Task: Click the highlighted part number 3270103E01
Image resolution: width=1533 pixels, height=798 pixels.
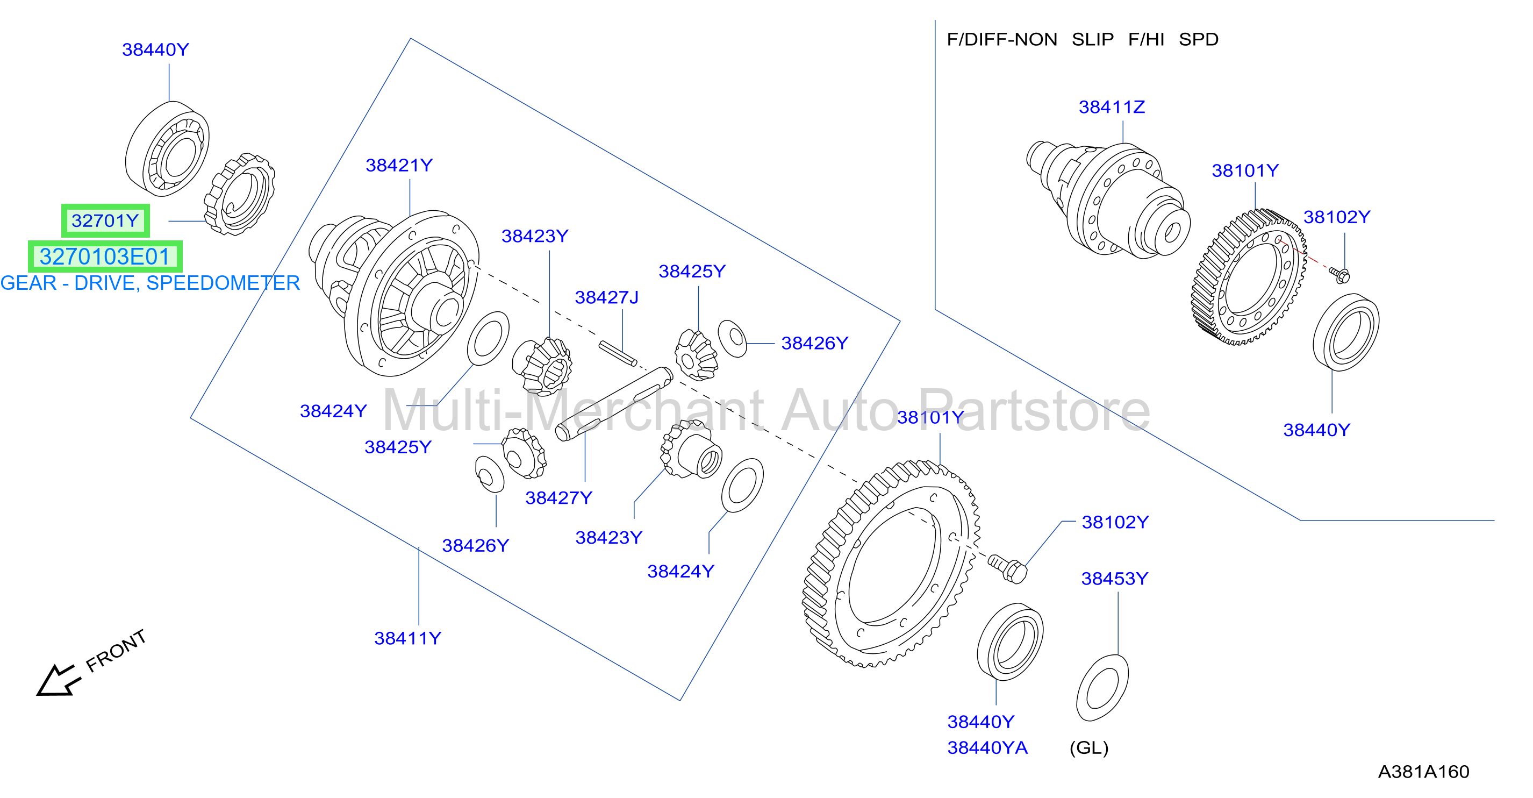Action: coord(105,256)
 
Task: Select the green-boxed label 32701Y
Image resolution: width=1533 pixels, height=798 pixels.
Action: coord(105,221)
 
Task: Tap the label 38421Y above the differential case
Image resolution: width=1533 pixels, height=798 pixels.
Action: coord(399,165)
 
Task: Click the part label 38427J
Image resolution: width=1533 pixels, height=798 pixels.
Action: coord(606,297)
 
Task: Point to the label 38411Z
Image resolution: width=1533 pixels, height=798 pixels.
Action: coord(1112,107)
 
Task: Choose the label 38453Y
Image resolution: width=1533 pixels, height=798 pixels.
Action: coord(1115,578)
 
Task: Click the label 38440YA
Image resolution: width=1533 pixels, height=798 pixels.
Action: coord(987,747)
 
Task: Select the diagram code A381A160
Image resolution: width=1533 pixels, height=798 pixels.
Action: coord(1423,772)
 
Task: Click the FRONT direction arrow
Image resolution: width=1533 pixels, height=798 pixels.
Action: coord(58,680)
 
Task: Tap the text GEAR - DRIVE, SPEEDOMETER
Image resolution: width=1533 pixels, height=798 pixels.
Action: coord(150,283)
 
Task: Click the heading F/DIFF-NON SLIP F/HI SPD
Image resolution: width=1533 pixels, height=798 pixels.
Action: coord(1083,39)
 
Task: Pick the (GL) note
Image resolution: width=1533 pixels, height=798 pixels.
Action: coord(1089,748)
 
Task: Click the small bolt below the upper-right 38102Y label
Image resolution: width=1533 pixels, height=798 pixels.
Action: coord(1339,275)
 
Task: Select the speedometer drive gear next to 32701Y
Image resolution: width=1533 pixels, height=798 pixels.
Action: coord(239,194)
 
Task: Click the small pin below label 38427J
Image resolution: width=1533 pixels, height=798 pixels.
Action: coord(618,353)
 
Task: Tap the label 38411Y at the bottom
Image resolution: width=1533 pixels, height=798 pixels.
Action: coord(407,638)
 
